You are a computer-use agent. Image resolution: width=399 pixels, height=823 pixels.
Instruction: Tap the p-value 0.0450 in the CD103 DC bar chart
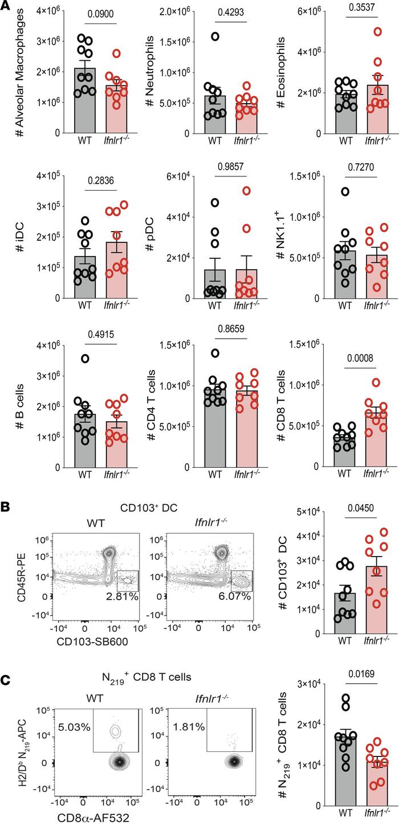(x=357, y=506)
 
